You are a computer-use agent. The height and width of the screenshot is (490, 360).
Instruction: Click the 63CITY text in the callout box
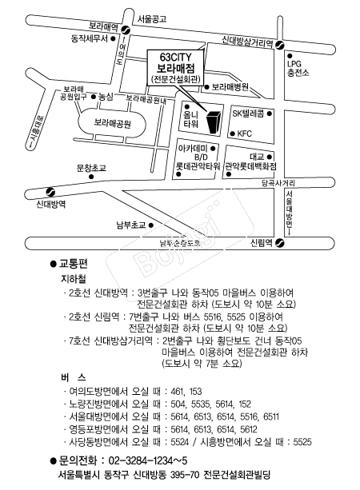(178, 58)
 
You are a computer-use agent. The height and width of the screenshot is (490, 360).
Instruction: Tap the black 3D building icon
(214, 122)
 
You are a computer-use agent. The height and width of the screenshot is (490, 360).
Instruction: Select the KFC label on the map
(244, 133)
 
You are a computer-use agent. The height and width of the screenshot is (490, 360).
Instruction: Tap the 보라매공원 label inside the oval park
(112, 124)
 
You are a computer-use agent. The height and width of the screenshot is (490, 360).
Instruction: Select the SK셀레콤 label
(249, 114)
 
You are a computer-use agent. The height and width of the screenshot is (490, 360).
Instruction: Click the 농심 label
(106, 96)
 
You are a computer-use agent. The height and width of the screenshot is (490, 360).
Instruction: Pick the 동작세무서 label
(89, 37)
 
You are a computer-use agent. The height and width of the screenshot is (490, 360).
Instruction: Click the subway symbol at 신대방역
(50, 191)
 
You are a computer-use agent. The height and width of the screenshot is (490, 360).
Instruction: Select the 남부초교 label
(129, 224)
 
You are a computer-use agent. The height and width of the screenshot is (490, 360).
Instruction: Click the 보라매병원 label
(231, 85)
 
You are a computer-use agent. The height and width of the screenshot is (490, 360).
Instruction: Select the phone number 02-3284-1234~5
(147, 460)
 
